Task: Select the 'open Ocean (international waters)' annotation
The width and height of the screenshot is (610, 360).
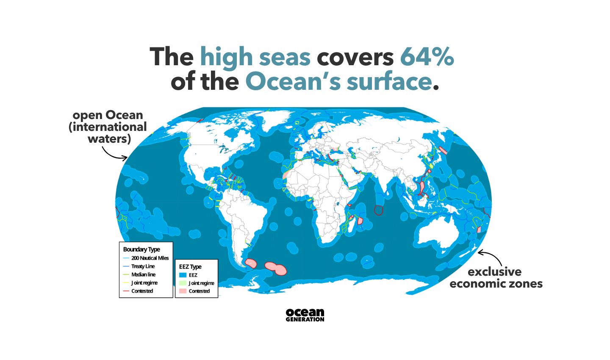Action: pos(108,127)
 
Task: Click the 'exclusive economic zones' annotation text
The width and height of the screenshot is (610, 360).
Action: pos(496,277)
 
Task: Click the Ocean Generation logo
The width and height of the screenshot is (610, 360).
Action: pos(305,315)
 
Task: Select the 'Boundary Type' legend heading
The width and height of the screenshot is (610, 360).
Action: pos(141,249)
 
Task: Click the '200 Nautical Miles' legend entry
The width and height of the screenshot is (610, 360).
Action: pos(150,258)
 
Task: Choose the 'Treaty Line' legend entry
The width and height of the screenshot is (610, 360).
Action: pos(143,266)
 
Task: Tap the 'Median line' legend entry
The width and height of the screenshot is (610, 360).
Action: pos(143,274)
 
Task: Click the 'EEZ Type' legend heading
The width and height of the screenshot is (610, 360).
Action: pos(190,267)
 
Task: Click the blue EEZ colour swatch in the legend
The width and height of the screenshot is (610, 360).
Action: pos(183,275)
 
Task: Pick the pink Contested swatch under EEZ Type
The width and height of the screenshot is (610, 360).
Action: pos(183,291)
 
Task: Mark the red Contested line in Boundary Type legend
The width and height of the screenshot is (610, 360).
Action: pos(126,291)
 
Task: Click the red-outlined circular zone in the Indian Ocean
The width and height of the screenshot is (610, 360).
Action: pos(379,210)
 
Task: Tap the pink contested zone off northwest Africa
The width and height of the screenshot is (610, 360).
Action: pos(286,175)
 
